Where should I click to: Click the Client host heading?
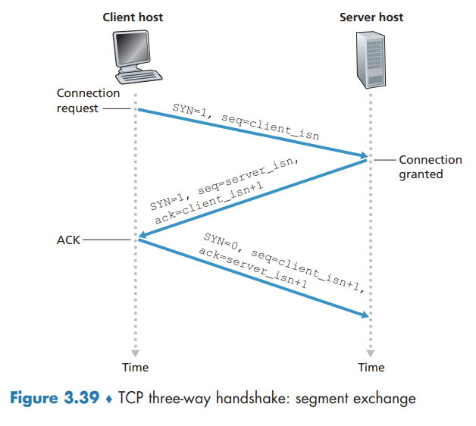(x=133, y=17)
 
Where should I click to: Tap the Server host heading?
(x=371, y=17)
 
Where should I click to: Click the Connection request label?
(x=89, y=101)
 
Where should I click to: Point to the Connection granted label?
(x=430, y=167)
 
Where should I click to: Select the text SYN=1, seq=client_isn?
(x=246, y=122)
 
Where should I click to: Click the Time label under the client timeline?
(x=136, y=368)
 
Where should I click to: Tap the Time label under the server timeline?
(x=371, y=368)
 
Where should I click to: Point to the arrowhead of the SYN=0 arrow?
(x=365, y=314)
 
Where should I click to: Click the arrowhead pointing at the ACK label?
(x=142, y=239)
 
